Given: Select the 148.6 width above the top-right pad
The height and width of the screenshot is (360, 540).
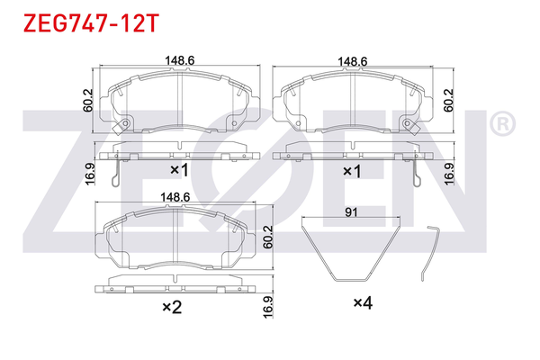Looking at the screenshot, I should pyautogui.click(x=352, y=60).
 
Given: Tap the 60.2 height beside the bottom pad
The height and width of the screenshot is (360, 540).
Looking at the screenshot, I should pyautogui.click(x=268, y=235).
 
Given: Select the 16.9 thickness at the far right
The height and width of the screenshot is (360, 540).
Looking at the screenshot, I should pyautogui.click(x=447, y=170).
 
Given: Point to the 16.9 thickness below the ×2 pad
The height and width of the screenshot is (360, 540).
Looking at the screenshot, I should pyautogui.click(x=268, y=305).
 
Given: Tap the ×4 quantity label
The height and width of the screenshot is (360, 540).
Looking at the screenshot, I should pyautogui.click(x=362, y=304).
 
